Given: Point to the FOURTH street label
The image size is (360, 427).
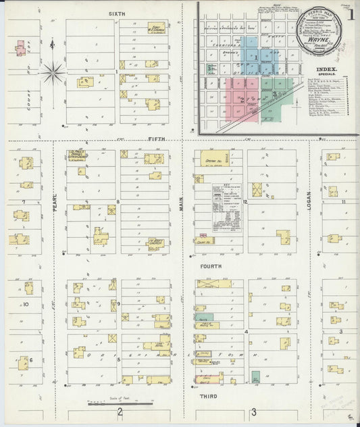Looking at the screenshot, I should tap(209, 267).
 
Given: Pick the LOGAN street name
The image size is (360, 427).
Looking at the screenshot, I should tap(309, 199).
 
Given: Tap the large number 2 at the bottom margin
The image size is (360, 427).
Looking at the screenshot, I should tap(120, 412).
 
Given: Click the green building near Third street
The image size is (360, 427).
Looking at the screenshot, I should tap(255, 377).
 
